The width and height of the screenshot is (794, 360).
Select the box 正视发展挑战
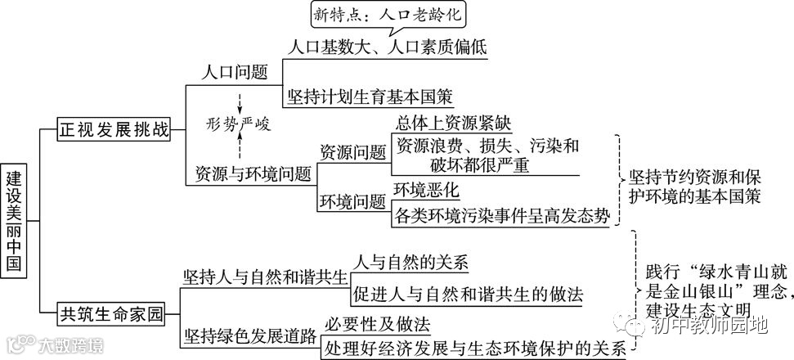click(x=112, y=130)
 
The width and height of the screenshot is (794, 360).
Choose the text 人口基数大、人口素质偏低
click(x=387, y=47)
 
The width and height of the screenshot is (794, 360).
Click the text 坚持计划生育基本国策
click(x=369, y=96)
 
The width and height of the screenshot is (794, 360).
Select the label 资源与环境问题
click(x=253, y=173)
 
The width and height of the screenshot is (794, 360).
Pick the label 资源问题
click(x=352, y=152)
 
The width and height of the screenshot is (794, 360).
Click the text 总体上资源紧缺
click(x=454, y=124)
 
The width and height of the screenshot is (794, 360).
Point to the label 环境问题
click(x=352, y=200)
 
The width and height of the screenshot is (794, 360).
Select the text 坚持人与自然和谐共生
click(x=266, y=277)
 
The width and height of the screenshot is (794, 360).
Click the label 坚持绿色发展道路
click(x=251, y=336)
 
